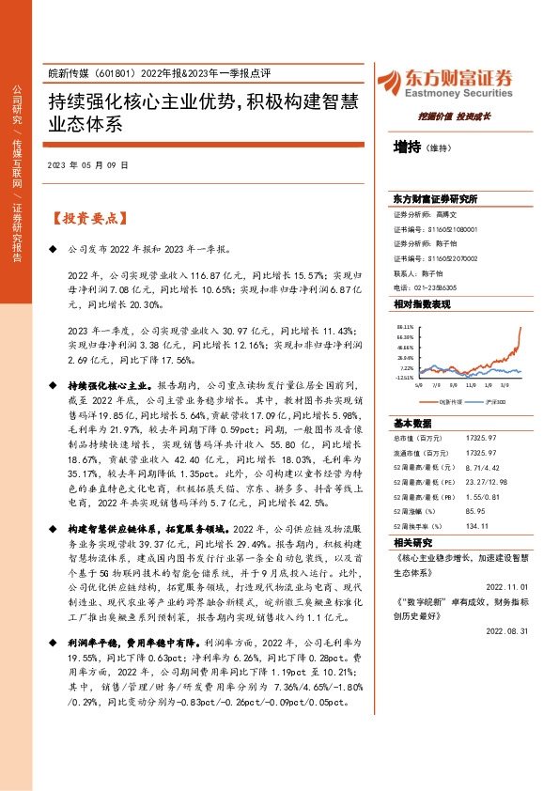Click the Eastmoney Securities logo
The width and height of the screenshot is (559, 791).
pyautogui.click(x=443, y=81)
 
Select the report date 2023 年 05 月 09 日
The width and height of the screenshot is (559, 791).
pyautogui.click(x=87, y=164)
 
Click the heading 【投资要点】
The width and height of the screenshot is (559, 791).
pyautogui.click(x=86, y=218)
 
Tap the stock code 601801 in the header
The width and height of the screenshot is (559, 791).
pyautogui.click(x=114, y=75)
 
